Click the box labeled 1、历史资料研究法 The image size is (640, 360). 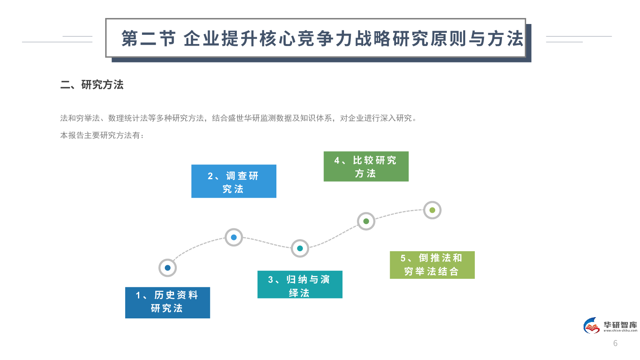[x=167, y=302]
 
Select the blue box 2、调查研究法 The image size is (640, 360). [x=234, y=181]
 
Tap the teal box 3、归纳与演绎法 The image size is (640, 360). [x=300, y=284]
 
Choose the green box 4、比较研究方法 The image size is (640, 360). [x=366, y=166]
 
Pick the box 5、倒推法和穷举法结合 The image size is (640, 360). [x=432, y=265]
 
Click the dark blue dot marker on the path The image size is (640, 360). [x=168, y=268]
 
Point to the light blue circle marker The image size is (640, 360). [x=234, y=237]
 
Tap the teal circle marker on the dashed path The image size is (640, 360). [x=300, y=248]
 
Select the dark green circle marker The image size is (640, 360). [x=366, y=221]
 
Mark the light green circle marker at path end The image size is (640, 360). [x=432, y=210]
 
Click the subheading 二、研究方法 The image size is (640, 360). [x=92, y=85]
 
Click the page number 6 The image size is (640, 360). [x=615, y=343]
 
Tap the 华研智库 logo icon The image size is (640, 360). [x=592, y=326]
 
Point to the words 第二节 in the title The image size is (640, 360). [x=148, y=39]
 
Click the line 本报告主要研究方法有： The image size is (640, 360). [x=102, y=136]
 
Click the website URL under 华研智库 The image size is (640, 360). [x=620, y=331]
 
